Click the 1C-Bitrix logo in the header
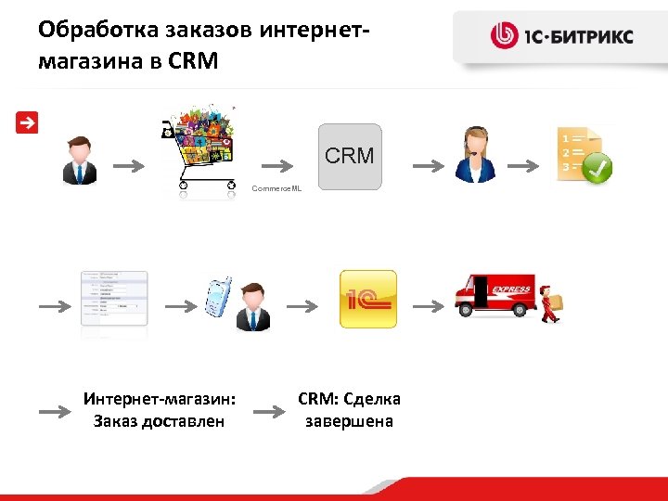pos(561,37)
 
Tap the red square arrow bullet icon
pos(27,122)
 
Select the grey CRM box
pos(350,156)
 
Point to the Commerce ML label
pos(276,188)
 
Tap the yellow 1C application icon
pos(367,299)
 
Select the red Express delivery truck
pos(494,299)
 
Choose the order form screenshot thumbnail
pos(114,299)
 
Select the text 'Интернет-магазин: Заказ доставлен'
pos(159,410)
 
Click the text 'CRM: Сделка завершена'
pos(349,410)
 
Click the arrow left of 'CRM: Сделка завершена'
pos(270,410)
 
